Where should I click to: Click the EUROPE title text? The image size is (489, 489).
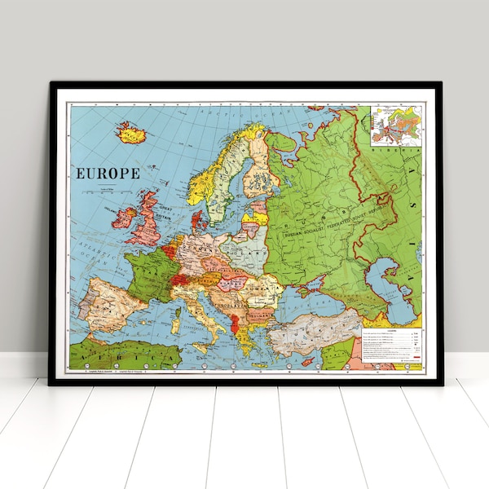point(108,173)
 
